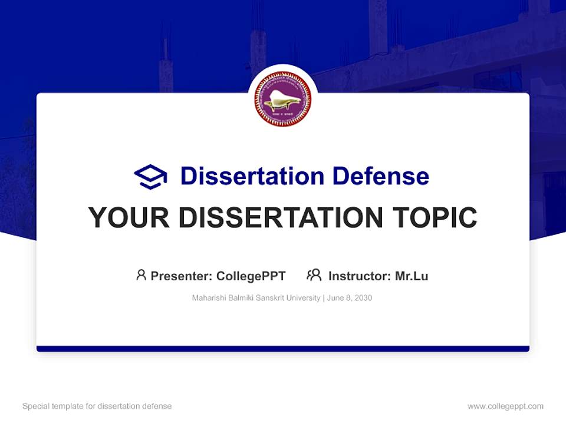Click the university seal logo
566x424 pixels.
[283, 99]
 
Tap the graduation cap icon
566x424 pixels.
[150, 177]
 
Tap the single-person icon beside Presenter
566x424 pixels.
[141, 275]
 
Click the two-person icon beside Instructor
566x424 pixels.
[314, 275]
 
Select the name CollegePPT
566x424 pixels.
[251, 276]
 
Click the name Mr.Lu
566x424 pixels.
[412, 276]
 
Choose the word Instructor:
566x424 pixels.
[359, 276]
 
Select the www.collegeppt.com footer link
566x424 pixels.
[505, 406]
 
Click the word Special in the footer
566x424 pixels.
[35, 406]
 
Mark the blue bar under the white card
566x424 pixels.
[283, 349]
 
